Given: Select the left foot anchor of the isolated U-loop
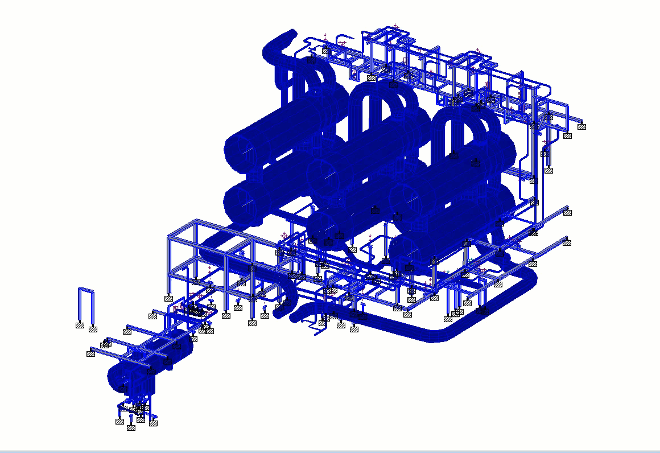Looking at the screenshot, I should coord(80,326).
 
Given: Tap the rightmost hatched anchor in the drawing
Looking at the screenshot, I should coord(581,127).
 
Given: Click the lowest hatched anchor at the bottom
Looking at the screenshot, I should coord(131,428).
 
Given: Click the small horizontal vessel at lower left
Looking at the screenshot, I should coord(151,359).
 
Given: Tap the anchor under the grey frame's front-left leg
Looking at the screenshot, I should coord(168,298).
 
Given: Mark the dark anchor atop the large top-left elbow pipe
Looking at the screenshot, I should coord(311,59).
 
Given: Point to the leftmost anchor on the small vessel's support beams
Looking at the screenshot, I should coord(90,353).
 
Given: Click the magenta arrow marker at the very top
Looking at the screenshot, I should coord(395,26).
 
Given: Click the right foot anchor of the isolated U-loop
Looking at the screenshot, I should coord(93,329).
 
